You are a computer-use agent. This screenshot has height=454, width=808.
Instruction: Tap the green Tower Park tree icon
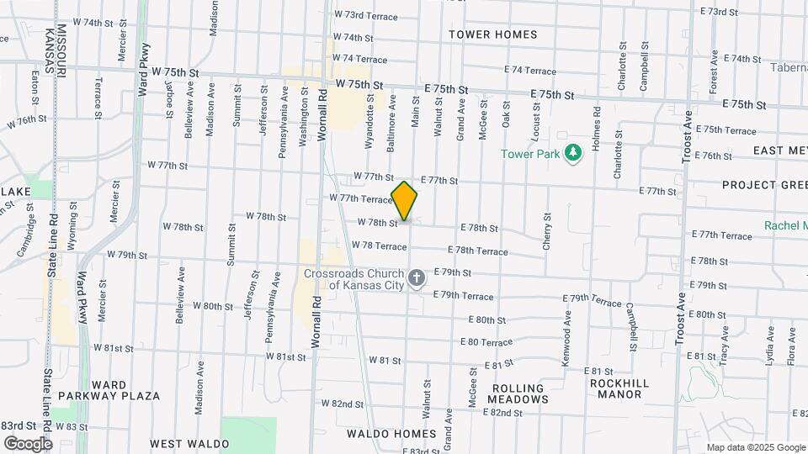574,153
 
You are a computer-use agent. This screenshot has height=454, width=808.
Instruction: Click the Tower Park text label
531,154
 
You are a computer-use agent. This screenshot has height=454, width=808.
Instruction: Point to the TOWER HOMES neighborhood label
492,34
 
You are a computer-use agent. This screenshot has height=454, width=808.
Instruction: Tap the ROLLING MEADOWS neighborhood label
518,393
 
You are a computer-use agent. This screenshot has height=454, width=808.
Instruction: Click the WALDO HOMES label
391,434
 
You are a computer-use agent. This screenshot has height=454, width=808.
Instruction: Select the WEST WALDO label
189,443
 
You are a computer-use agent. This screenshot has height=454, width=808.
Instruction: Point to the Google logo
28,443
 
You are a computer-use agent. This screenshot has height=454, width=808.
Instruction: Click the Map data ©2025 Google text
756,447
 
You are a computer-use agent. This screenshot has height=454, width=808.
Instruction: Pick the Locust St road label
536,119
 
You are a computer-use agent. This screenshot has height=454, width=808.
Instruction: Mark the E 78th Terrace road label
477,251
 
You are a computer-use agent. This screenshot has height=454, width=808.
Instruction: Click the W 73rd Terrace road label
359,14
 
